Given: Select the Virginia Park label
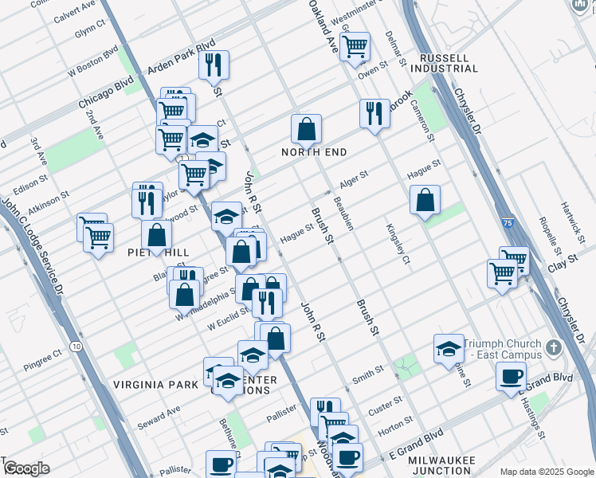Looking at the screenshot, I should tap(155, 384).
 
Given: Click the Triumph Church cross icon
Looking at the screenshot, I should tap(555, 347).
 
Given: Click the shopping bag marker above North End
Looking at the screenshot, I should tap(306, 128).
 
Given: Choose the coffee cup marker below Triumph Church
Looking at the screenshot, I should tap(511, 375).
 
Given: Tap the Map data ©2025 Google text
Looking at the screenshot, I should tap(545, 472).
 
